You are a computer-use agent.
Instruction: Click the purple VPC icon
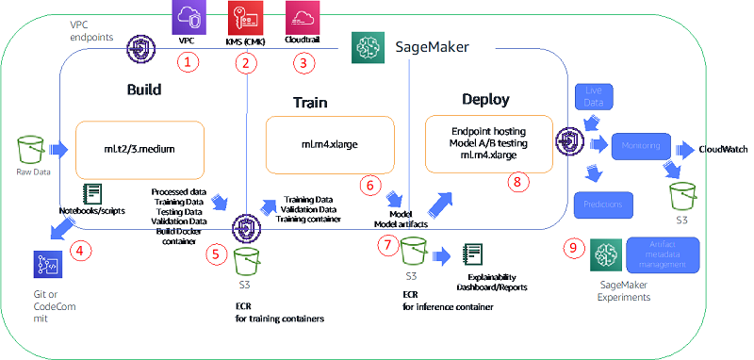185,19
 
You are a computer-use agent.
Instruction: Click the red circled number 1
190,63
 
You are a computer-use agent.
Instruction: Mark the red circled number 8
515,183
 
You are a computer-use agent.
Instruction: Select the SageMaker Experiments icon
606,253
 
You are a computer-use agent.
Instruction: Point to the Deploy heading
486,99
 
